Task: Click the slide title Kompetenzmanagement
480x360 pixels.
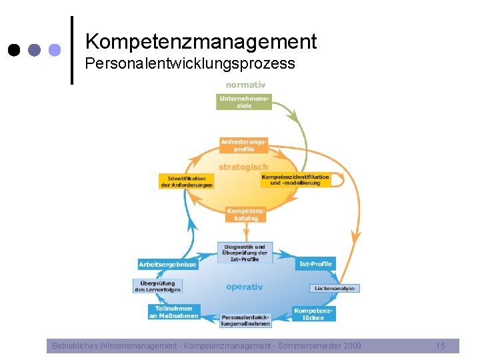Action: (x=201, y=42)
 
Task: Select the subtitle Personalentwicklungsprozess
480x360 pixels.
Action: (x=190, y=64)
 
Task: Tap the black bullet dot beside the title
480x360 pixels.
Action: (x=15, y=50)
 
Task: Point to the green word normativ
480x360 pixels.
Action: (x=245, y=85)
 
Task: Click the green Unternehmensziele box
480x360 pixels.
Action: (x=245, y=102)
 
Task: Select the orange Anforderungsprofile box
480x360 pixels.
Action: (x=244, y=145)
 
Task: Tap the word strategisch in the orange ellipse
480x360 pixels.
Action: (x=243, y=167)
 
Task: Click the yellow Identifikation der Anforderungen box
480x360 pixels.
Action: (x=187, y=181)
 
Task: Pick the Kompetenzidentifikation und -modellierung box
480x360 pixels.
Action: (x=295, y=180)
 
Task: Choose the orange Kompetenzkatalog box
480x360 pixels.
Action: (x=245, y=214)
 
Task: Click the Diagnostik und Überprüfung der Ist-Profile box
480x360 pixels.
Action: (x=245, y=253)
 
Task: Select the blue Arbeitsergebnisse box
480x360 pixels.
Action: (x=167, y=265)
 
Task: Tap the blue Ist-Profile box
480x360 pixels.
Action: (x=315, y=264)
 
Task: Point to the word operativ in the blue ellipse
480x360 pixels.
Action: (x=244, y=287)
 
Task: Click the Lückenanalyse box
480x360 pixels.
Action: (x=335, y=289)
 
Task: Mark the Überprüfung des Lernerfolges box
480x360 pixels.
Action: (x=157, y=286)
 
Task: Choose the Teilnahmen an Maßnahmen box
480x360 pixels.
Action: (x=173, y=312)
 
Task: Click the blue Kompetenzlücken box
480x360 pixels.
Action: (x=313, y=314)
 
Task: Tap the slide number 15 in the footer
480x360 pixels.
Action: (x=440, y=345)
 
